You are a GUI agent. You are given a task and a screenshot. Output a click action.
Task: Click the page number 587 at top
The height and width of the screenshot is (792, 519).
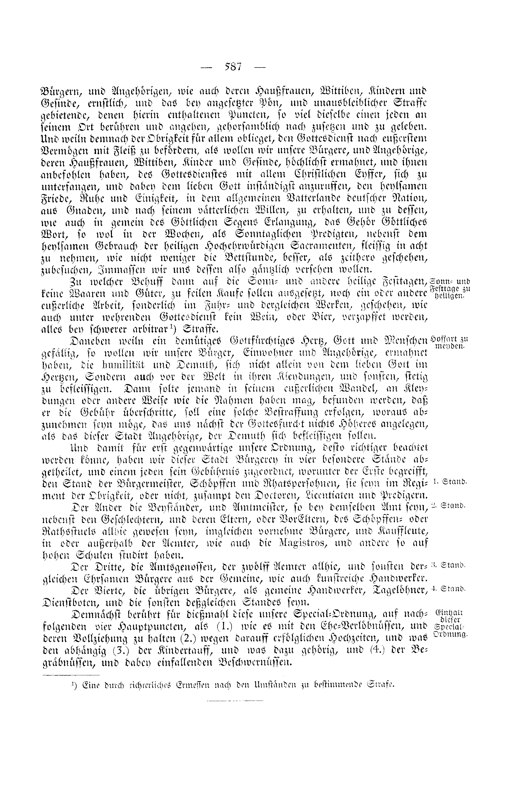coord(233,67)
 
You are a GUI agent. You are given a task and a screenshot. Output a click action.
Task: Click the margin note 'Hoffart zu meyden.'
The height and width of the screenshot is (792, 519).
coord(449,342)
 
